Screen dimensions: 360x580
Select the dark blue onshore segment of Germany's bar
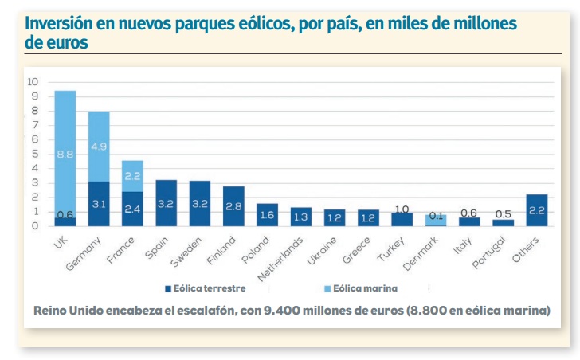(99, 204)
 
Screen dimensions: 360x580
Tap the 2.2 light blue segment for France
(132, 175)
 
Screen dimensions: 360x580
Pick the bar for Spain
(167, 203)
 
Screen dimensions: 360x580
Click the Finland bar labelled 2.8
(233, 206)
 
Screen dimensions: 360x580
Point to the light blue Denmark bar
(437, 220)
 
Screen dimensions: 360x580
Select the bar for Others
(537, 210)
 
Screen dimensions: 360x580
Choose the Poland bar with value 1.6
(268, 215)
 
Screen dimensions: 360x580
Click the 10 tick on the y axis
(33, 81)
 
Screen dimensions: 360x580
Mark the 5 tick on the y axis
(34, 154)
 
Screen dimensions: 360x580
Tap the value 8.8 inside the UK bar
(65, 155)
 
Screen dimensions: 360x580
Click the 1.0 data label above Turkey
(402, 208)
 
